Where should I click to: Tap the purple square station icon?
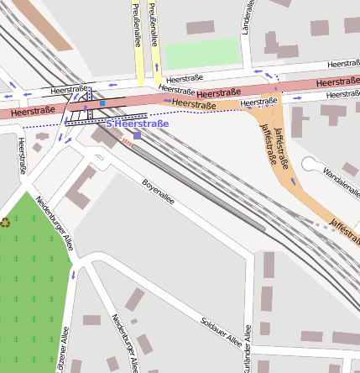pyautogui.click(x=137, y=135)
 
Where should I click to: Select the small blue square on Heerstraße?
pyautogui.click(x=102, y=103)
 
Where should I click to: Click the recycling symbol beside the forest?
pyautogui.click(x=5, y=223)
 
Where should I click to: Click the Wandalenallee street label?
pyautogui.click(x=340, y=169)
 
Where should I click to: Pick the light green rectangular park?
pyautogui.click(x=202, y=54)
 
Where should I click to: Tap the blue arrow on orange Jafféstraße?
pyautogui.click(x=293, y=180)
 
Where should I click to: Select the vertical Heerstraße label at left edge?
pyautogui.click(x=21, y=156)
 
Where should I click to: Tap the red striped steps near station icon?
pyautogui.click(x=127, y=142)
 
